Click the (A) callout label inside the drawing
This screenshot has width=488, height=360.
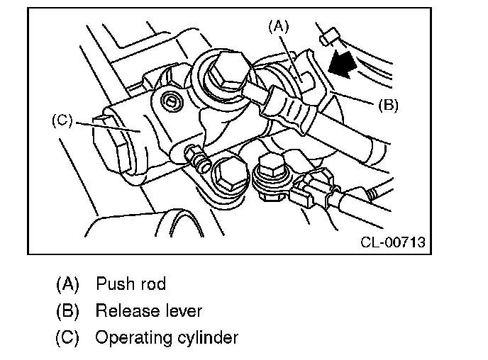tap(279, 27)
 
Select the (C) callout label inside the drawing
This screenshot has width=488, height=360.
tap(62, 120)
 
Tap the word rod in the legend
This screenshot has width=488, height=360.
tap(152, 285)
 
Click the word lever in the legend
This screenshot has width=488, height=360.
tap(182, 310)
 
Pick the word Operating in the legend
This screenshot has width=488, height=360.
tap(128, 337)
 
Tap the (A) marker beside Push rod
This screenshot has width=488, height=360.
tap(67, 285)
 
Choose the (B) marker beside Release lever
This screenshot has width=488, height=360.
tap(67, 310)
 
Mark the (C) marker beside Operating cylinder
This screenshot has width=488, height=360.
tap(67, 337)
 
